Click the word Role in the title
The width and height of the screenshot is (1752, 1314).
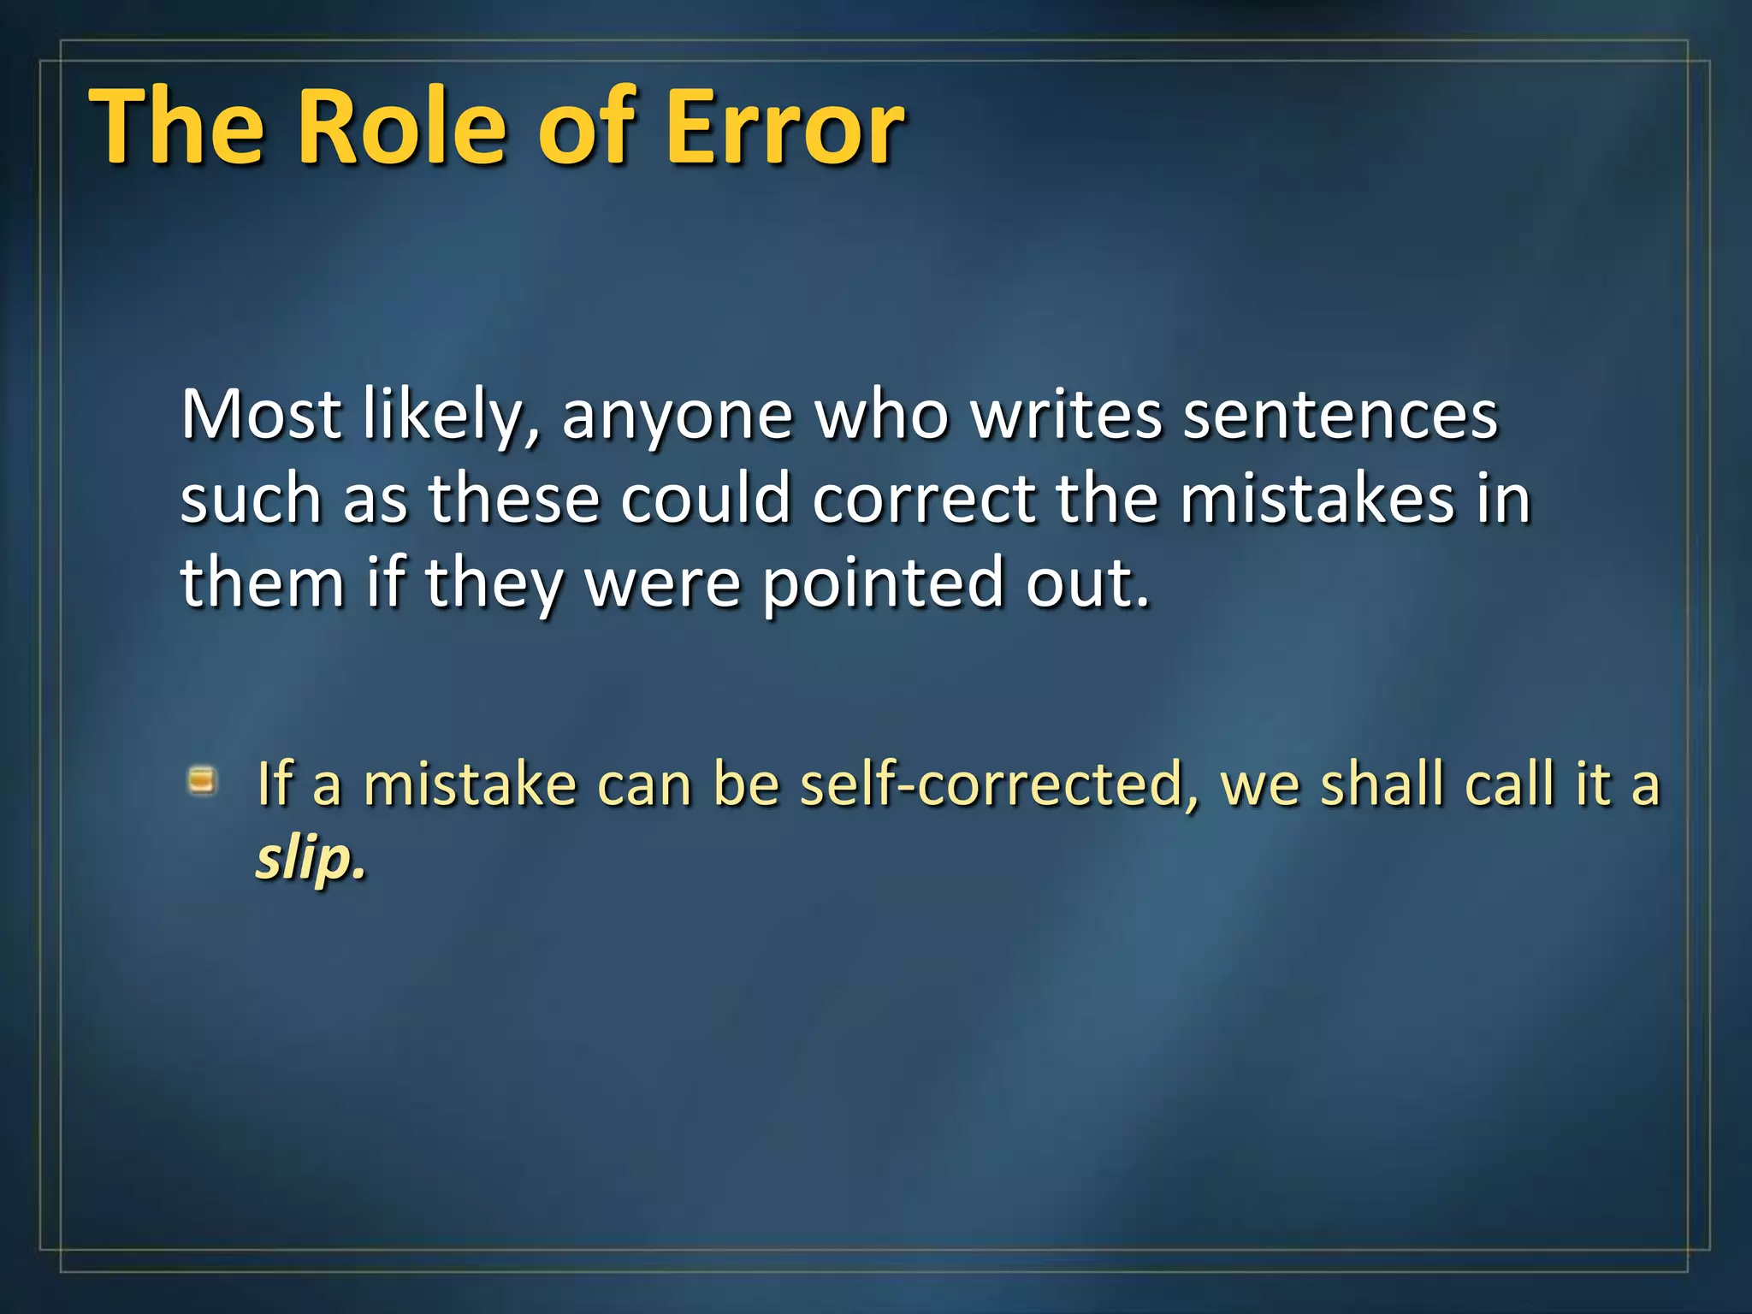pos(403,128)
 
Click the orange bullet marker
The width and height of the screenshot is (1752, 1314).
pos(203,781)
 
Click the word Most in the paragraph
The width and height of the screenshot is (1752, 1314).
pos(261,415)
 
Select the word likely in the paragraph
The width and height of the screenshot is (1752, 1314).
pos(450,415)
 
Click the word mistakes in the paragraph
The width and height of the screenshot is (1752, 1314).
pos(1317,499)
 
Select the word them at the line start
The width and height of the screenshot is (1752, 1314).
pos(262,582)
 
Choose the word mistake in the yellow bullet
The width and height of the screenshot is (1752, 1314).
pos(470,784)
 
